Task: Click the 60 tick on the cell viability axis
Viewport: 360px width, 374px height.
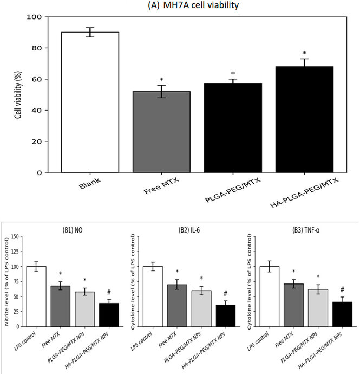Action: [x=36, y=79]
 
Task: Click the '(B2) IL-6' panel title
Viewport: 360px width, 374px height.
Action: [x=187, y=229]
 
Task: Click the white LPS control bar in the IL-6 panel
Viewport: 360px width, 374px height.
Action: [x=153, y=296]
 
